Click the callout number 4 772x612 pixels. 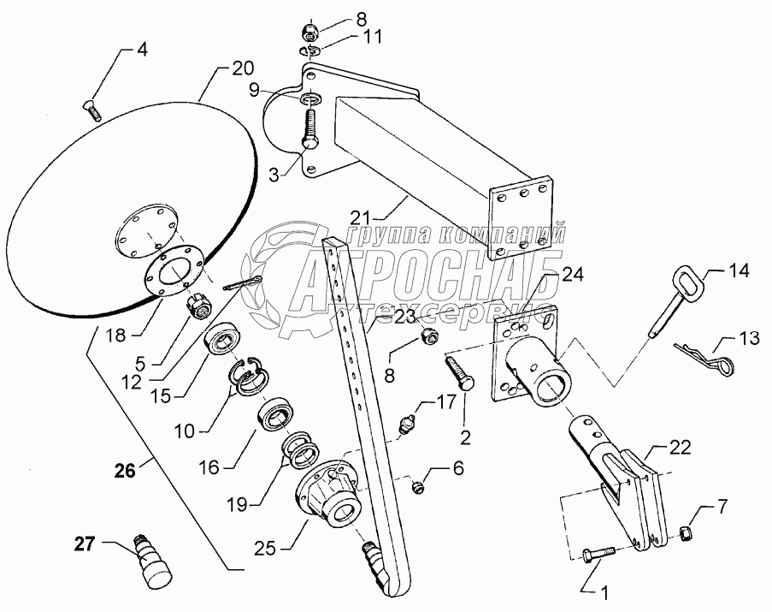pyautogui.click(x=142, y=49)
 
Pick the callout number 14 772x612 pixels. pyautogui.click(x=738, y=271)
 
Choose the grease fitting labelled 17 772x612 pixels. pyautogui.click(x=411, y=423)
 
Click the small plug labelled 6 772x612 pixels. pyautogui.click(x=418, y=487)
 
